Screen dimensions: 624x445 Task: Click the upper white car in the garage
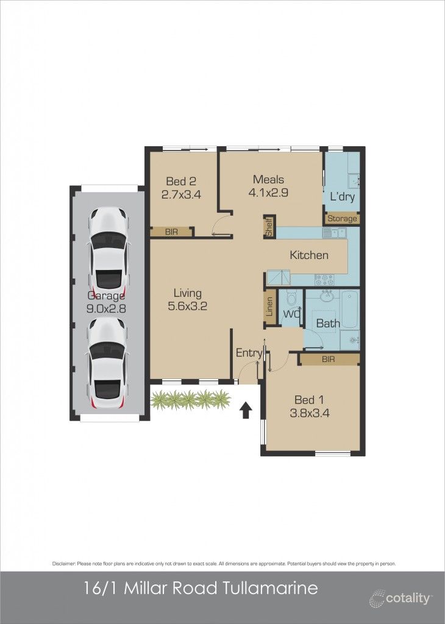[x=110, y=250]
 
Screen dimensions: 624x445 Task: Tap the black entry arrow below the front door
[x=246, y=410]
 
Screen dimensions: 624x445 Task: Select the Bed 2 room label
[x=181, y=181]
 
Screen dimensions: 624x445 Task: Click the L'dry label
[x=341, y=197]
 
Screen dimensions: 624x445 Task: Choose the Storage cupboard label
[x=342, y=219]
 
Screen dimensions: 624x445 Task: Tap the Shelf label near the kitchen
[x=269, y=226]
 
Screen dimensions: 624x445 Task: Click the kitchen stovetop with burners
[x=324, y=280]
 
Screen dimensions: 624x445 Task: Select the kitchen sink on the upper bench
[x=335, y=232]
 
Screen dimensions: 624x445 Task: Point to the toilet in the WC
[x=291, y=299]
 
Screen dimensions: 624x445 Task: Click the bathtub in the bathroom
[x=350, y=310]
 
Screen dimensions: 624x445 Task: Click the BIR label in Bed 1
[x=329, y=360]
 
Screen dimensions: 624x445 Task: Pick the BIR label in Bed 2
[x=172, y=232]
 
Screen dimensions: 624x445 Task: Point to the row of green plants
[x=191, y=399]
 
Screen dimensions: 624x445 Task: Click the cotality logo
[x=400, y=598]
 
